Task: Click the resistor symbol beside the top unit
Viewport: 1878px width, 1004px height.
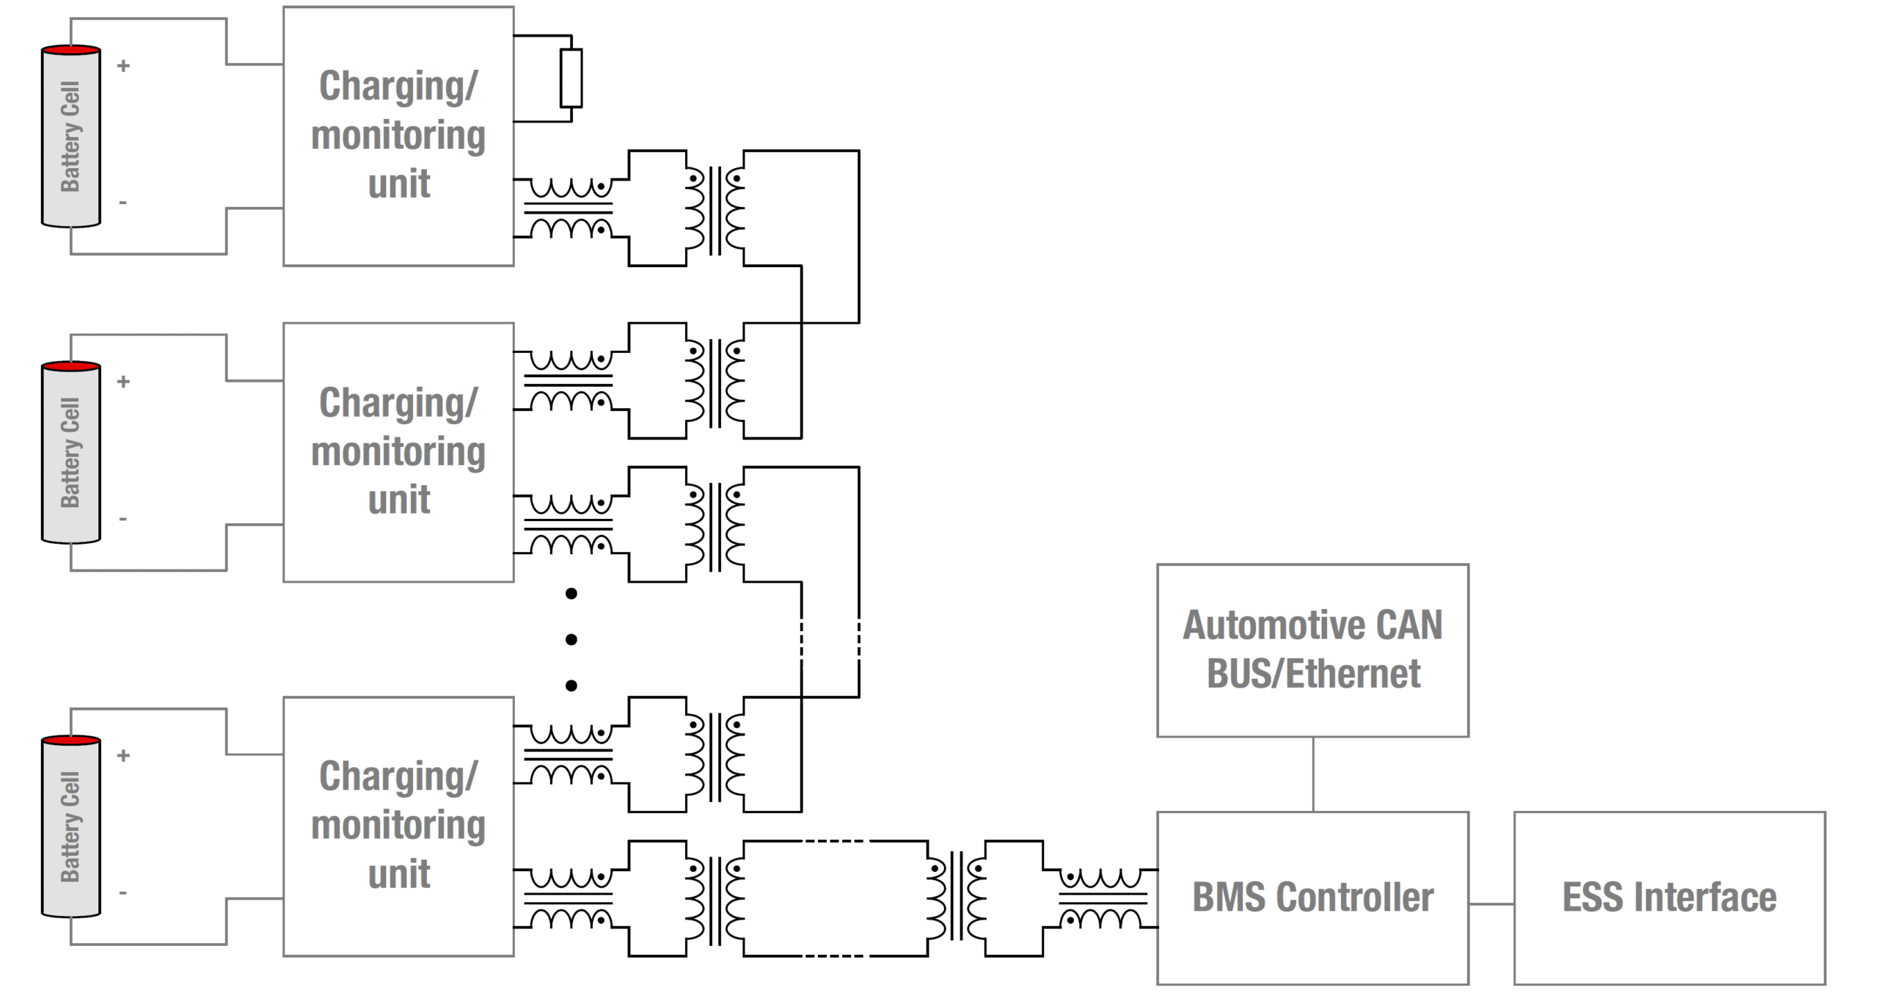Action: pos(571,78)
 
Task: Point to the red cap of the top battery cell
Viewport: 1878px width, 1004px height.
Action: pos(70,50)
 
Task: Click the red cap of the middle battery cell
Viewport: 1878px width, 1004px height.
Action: pos(70,365)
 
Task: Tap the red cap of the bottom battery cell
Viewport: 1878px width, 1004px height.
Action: pos(70,740)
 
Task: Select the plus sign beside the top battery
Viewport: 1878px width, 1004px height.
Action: pos(123,66)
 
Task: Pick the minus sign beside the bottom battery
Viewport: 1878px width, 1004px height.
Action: pos(123,893)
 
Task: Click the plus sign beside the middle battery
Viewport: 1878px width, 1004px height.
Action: pos(123,382)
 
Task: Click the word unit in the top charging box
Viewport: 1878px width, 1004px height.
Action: pos(399,183)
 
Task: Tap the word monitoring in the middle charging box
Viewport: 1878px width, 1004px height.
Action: pos(398,451)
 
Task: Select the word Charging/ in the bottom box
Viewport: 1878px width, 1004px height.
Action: pos(398,776)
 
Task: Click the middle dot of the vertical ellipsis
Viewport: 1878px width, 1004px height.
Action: pos(571,639)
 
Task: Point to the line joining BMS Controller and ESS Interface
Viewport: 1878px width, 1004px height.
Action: pos(1491,903)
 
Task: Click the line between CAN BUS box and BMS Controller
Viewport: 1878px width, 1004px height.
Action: pos(1312,774)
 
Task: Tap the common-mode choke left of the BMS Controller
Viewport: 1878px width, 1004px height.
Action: pos(1102,898)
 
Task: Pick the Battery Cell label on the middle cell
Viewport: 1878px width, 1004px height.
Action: pos(70,453)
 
